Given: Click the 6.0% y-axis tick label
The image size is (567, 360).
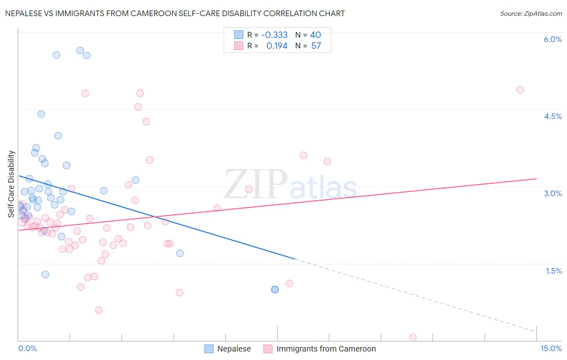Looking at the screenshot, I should tap(552, 39).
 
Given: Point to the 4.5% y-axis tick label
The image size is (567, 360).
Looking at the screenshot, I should tap(552, 116).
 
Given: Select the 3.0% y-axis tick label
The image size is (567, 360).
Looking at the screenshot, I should tap(552, 193).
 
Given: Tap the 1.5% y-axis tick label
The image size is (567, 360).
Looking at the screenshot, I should tap(554, 271).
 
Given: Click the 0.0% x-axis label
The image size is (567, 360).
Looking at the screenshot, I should tap(27, 348).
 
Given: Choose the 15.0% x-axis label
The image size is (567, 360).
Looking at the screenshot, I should tap(551, 348).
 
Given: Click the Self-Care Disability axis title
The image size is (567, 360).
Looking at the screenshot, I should tap(11, 184).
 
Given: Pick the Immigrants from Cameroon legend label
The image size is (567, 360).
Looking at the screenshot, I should tap(326, 349).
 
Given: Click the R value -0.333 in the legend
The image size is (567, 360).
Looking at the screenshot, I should tap(274, 35).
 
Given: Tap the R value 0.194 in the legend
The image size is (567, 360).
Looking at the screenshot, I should tap(277, 46).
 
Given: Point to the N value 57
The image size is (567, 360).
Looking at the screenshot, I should tap(316, 46).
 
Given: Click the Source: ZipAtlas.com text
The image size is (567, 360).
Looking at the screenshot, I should tap(531, 14).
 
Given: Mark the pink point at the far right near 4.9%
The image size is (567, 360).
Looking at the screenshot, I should tap(520, 90).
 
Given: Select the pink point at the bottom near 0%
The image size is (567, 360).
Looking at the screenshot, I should tap(413, 337).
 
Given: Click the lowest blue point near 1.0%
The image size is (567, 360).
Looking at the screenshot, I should tap(275, 289).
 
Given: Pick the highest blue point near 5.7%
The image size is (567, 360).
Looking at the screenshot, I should tap(80, 50).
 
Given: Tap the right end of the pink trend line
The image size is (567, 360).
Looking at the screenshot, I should tap(536, 178).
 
